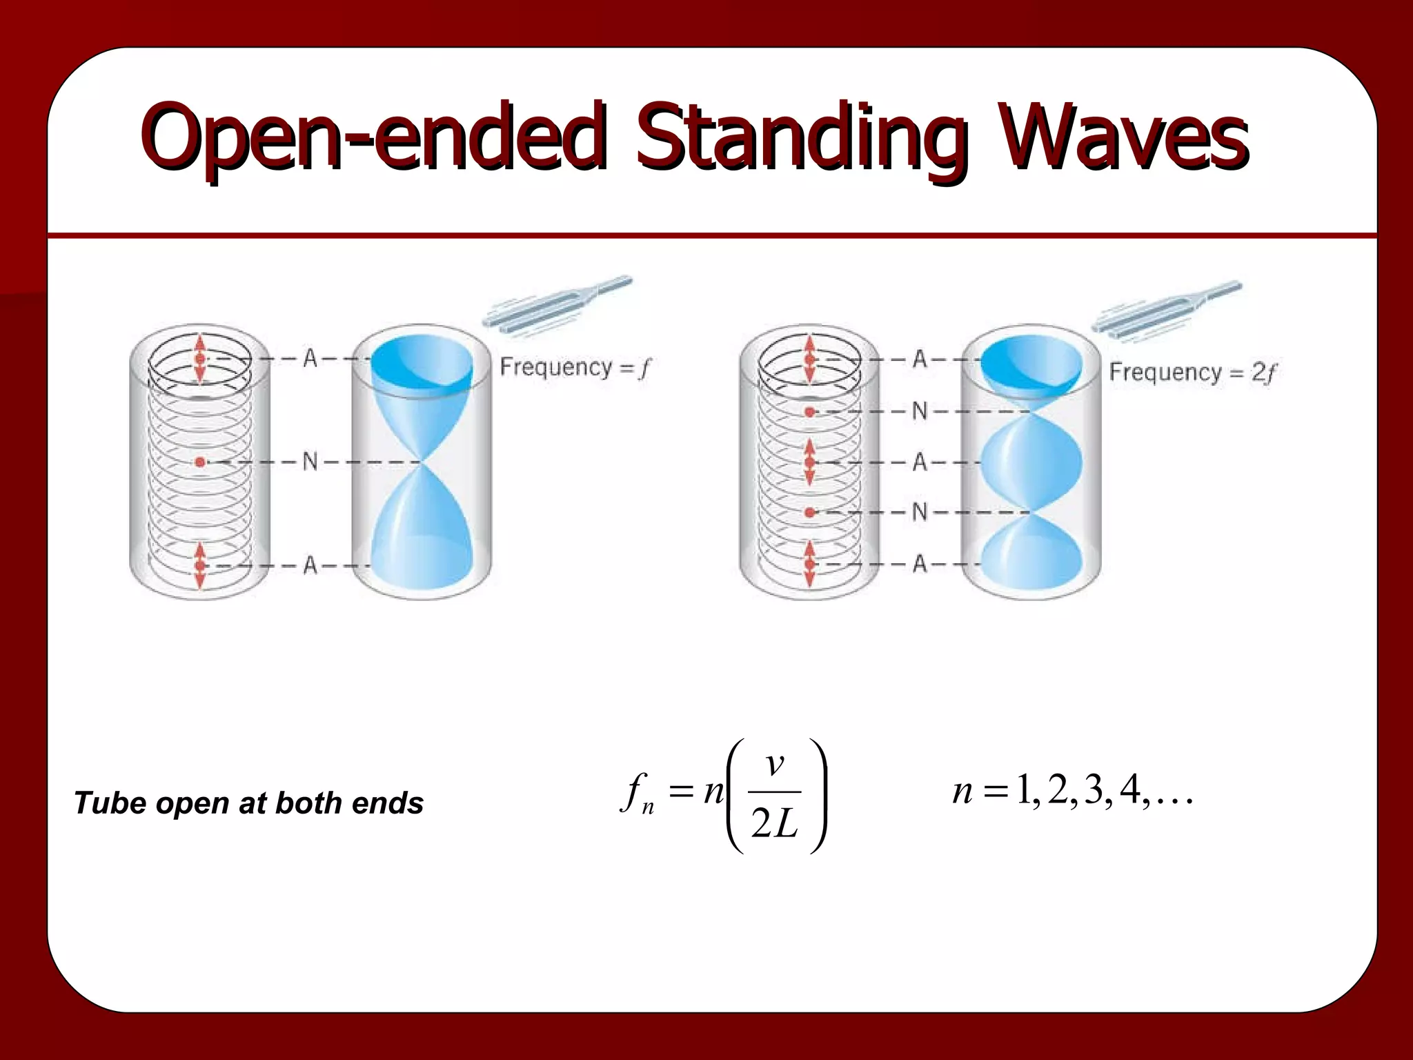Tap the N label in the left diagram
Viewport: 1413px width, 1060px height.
(310, 461)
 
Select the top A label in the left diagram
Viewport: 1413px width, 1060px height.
(310, 358)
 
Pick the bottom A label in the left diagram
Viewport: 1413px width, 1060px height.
(310, 565)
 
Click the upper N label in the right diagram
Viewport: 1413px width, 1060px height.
(920, 411)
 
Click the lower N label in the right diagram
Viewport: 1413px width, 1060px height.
(920, 512)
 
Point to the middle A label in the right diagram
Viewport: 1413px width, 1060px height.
(920, 462)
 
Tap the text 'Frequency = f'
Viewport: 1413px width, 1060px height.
(575, 367)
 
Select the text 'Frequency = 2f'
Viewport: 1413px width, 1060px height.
(1192, 373)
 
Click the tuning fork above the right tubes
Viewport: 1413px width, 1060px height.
(1166, 308)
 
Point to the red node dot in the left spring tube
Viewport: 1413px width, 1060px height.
(200, 462)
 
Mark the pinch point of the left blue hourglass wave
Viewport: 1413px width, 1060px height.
(422, 462)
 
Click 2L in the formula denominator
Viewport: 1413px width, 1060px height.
(774, 823)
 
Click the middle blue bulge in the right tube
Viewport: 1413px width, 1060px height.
(1031, 462)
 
